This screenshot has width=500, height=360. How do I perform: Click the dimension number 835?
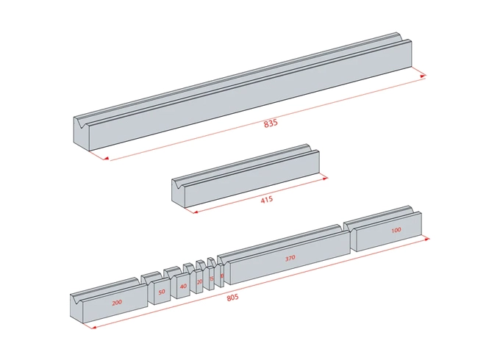[271, 123]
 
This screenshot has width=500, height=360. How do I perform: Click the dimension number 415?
[267, 200]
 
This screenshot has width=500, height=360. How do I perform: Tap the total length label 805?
[232, 297]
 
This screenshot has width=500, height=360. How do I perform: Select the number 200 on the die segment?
[116, 303]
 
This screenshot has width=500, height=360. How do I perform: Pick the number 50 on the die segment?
[161, 292]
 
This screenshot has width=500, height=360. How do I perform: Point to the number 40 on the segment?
[182, 286]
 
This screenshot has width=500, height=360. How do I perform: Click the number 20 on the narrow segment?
[199, 281]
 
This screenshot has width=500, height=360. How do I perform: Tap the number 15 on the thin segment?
[211, 278]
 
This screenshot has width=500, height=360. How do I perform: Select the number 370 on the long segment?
[290, 259]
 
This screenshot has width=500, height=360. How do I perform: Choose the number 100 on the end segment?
[396, 231]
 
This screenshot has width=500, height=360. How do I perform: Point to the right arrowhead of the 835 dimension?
[423, 74]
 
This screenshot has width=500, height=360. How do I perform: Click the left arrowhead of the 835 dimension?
[106, 157]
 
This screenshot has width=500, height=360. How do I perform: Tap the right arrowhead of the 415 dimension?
[324, 176]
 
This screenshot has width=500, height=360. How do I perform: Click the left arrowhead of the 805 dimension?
[91, 326]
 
